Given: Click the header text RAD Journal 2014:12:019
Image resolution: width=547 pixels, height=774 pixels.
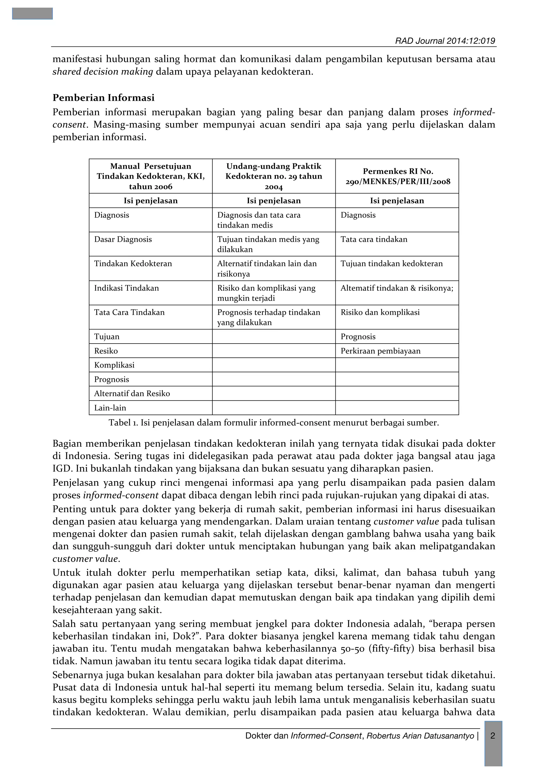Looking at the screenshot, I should (x=445, y=41).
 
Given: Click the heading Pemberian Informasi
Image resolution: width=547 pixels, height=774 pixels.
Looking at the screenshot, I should (x=103, y=98).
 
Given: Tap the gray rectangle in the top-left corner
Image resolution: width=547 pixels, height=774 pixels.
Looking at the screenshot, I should (x=32, y=13).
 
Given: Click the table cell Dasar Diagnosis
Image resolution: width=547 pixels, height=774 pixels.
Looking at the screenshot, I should (x=123, y=239).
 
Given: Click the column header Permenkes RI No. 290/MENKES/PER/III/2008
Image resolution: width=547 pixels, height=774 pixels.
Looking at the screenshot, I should (x=398, y=176).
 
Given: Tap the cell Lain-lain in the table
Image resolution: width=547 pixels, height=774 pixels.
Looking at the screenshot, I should (x=110, y=408).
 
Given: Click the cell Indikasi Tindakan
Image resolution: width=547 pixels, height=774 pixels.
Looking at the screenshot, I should (x=126, y=288).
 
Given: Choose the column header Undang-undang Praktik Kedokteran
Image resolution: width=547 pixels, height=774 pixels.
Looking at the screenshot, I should (x=274, y=176).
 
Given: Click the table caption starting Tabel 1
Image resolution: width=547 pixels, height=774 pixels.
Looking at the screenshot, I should (x=274, y=423).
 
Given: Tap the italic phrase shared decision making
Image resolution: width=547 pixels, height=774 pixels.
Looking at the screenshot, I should (x=103, y=72).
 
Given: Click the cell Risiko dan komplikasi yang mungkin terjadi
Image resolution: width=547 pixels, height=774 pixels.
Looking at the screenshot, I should (x=266, y=293).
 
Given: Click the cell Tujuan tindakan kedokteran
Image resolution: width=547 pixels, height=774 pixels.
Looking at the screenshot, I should (x=392, y=264).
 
